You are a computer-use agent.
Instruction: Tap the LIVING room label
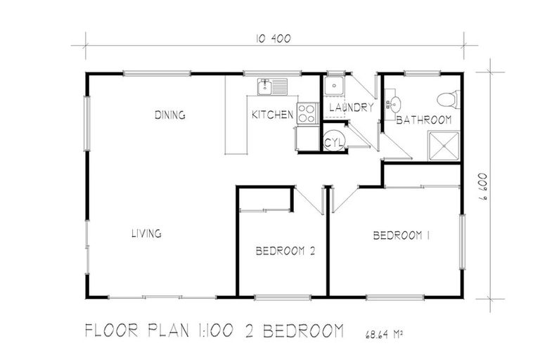point(147,233)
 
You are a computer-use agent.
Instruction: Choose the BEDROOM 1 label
point(401,236)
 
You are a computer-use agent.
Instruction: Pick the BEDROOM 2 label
point(284,250)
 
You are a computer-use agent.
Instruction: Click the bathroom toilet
point(447,98)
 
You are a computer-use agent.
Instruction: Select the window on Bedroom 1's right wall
point(462,241)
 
